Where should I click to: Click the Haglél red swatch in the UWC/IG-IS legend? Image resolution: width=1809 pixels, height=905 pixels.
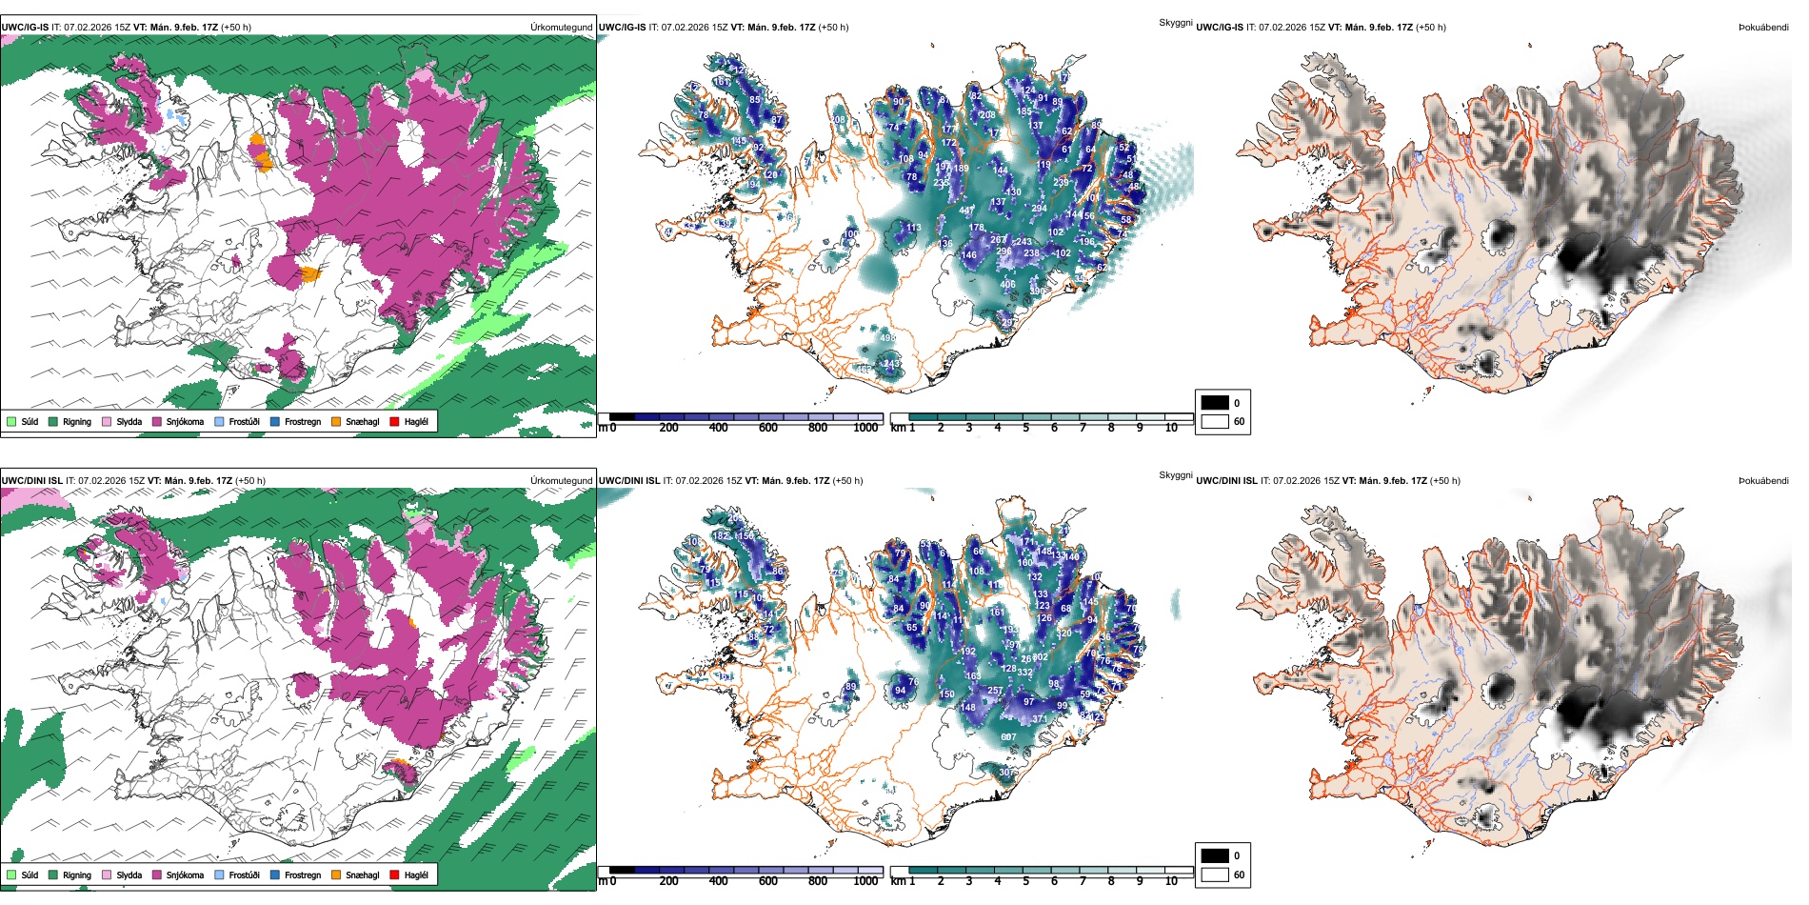pyautogui.click(x=393, y=421)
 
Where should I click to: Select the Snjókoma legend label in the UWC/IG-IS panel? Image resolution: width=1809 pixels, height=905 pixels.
pyautogui.click(x=185, y=421)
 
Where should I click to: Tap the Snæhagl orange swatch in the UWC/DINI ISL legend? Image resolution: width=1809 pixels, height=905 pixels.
pyautogui.click(x=336, y=875)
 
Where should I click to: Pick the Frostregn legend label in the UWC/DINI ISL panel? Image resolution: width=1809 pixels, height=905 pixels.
pyautogui.click(x=302, y=875)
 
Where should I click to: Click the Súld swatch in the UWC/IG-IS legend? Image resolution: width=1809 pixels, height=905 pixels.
pyautogui.click(x=11, y=421)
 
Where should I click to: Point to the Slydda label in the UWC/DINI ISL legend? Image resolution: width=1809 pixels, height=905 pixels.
pyautogui.click(x=129, y=875)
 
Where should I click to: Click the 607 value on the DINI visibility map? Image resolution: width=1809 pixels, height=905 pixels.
pyautogui.click(x=1008, y=737)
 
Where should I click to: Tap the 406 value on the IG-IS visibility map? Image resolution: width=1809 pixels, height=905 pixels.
pyautogui.click(x=1007, y=284)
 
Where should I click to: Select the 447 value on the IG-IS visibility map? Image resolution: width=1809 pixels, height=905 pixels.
pyautogui.click(x=966, y=211)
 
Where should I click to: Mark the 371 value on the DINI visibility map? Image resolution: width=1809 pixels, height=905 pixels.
pyautogui.click(x=1040, y=719)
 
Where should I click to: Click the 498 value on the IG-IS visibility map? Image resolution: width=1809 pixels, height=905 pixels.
pyautogui.click(x=887, y=338)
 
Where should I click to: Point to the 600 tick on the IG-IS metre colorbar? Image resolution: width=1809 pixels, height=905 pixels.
pyautogui.click(x=767, y=428)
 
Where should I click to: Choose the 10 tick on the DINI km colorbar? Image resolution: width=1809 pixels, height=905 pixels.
pyautogui.click(x=1171, y=881)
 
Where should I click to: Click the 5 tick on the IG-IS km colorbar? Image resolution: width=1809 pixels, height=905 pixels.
pyautogui.click(x=1025, y=428)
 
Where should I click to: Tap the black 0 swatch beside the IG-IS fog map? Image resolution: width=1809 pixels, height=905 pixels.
pyautogui.click(x=1215, y=403)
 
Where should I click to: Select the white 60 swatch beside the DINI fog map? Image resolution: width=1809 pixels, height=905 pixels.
pyautogui.click(x=1215, y=875)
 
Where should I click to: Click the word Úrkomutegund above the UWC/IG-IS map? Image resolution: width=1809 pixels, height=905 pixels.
pyautogui.click(x=561, y=28)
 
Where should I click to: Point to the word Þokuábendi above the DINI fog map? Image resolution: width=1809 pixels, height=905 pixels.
pyautogui.click(x=1763, y=481)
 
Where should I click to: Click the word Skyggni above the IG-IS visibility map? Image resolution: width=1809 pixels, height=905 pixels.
pyautogui.click(x=1175, y=22)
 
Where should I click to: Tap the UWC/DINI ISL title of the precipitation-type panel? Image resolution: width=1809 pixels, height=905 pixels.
pyautogui.click(x=26, y=481)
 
